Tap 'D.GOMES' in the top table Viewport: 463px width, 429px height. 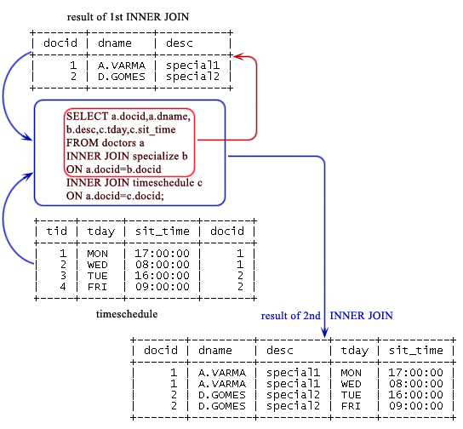(x=123, y=77)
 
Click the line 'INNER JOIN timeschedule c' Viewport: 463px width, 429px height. (x=134, y=182)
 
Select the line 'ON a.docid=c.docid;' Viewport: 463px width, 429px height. (x=114, y=196)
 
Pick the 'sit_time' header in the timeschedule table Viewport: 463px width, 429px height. (x=162, y=231)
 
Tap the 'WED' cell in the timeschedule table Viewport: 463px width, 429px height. (x=98, y=265)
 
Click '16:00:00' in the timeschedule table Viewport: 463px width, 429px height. (x=161, y=276)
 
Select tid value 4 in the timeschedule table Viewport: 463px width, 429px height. (x=63, y=287)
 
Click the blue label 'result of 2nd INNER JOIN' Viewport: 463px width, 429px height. (x=327, y=315)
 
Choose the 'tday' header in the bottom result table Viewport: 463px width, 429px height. (x=356, y=350)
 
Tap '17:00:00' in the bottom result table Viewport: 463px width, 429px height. (x=416, y=372)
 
